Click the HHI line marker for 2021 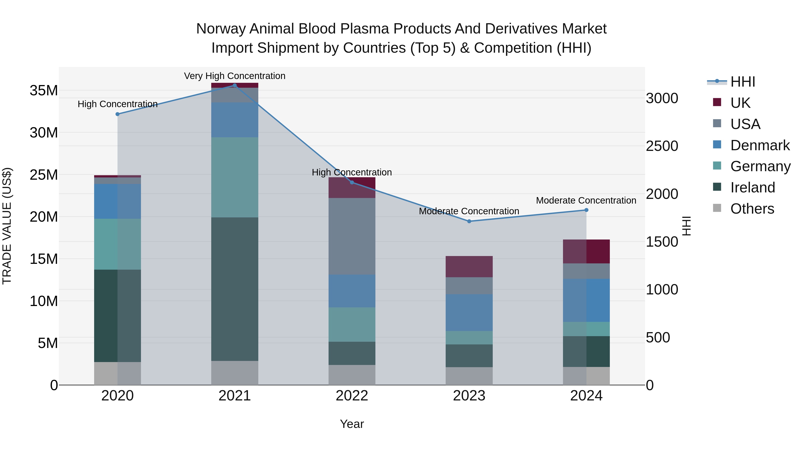click(x=235, y=85)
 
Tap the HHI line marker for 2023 click(x=469, y=221)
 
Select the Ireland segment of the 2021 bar click(x=235, y=289)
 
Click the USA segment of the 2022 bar click(x=352, y=236)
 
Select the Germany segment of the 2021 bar click(x=235, y=177)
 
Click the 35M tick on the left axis click(x=44, y=90)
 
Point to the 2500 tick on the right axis click(x=662, y=146)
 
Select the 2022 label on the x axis click(x=352, y=396)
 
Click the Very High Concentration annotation click(x=235, y=76)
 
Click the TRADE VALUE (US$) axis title click(x=7, y=226)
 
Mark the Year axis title click(x=352, y=424)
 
